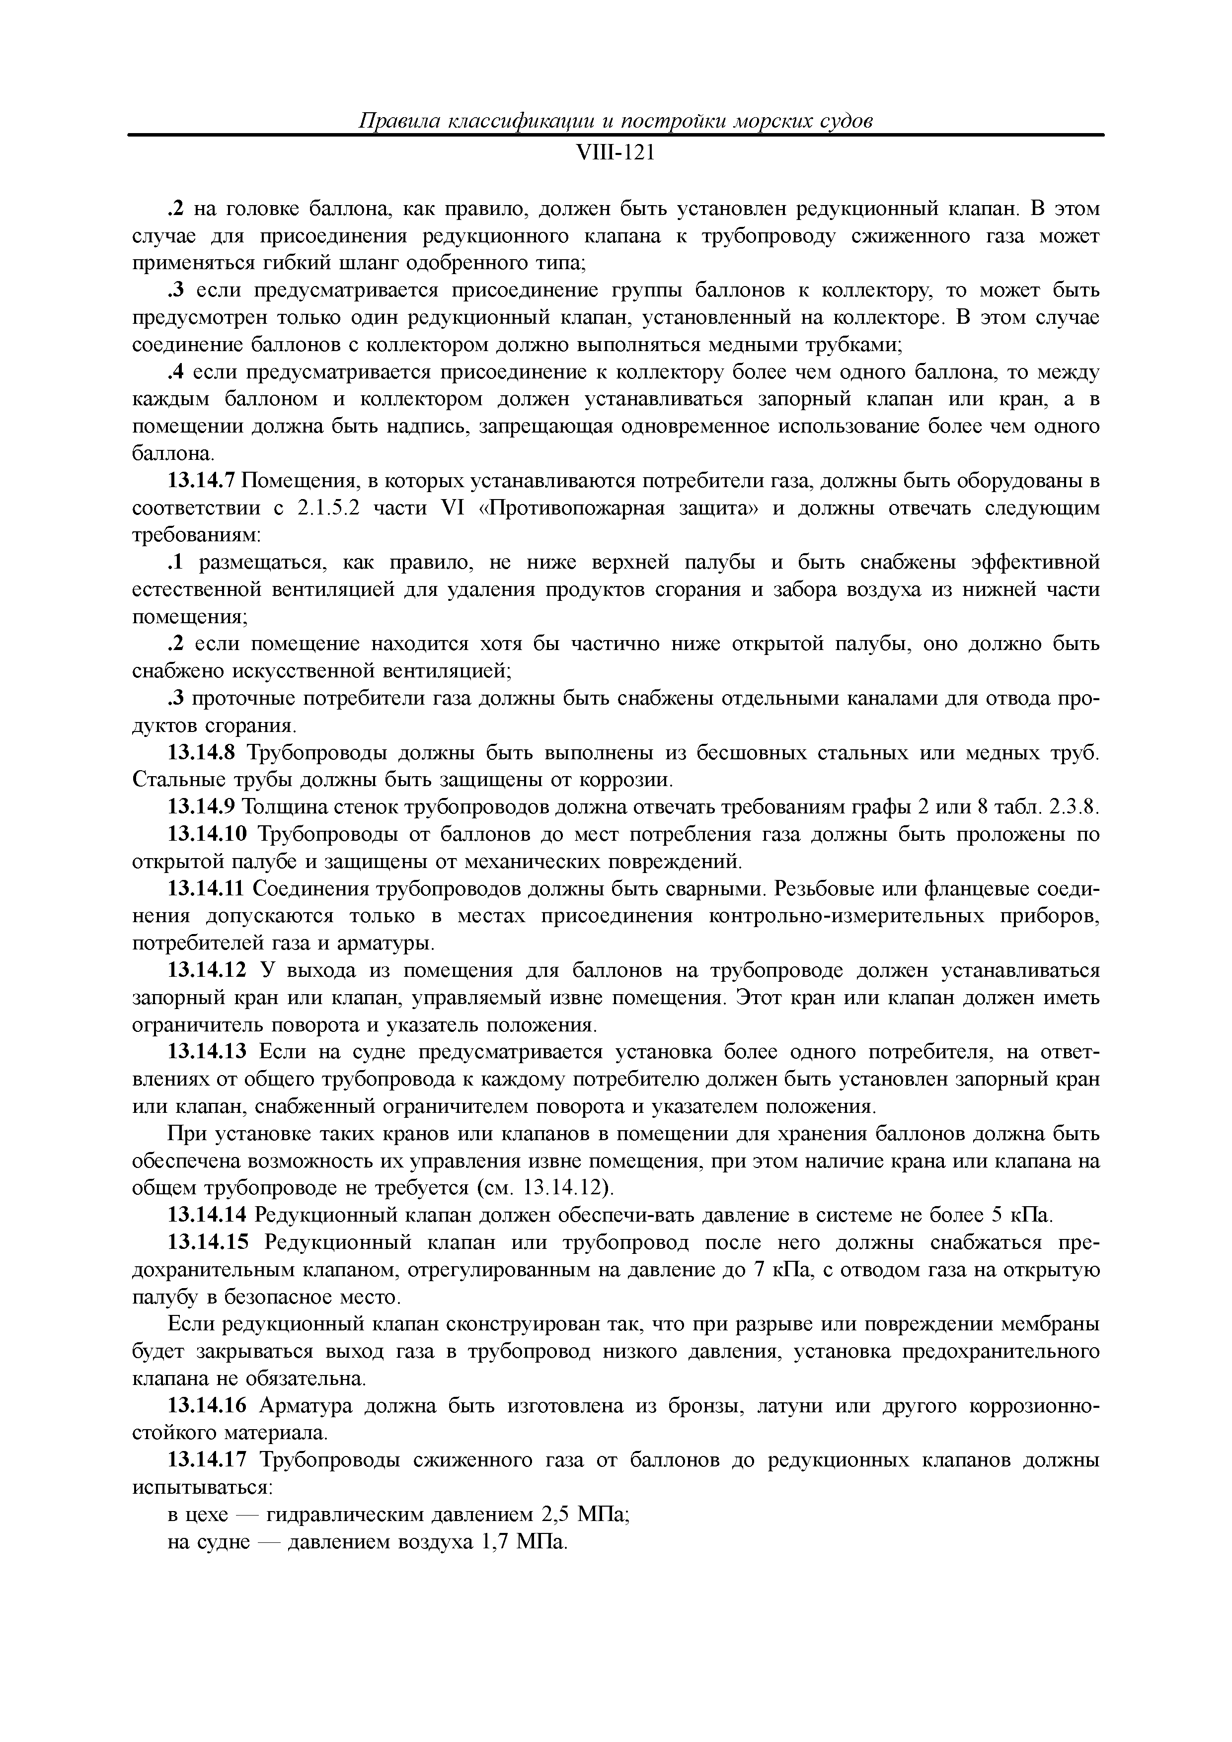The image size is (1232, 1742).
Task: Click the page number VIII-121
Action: point(615,154)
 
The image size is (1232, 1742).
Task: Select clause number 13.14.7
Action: point(201,481)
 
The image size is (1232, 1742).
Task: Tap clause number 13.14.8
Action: point(201,753)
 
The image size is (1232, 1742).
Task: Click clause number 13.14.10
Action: point(207,835)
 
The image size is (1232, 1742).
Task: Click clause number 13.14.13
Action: point(207,1052)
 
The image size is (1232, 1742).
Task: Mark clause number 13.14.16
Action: point(207,1406)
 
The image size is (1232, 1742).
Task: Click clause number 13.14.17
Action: point(207,1460)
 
